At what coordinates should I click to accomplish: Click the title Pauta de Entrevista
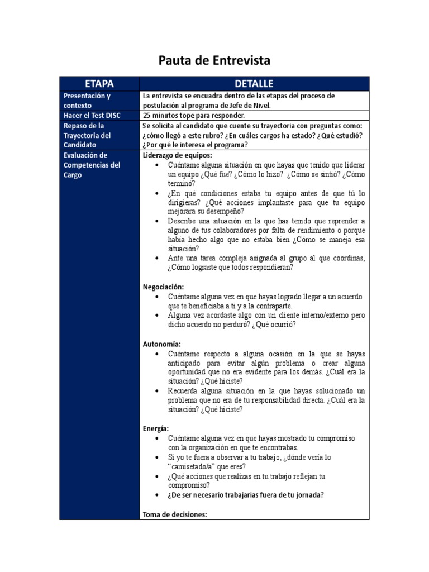[x=214, y=60]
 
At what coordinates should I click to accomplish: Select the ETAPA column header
[x=99, y=84]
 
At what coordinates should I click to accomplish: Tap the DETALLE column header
[x=254, y=84]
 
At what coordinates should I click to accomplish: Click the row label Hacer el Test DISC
[x=92, y=116]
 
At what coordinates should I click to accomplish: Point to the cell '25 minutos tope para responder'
[x=194, y=116]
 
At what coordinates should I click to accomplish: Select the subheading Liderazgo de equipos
[x=178, y=155]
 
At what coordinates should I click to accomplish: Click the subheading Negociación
[x=164, y=287]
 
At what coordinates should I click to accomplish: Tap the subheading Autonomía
[x=162, y=344]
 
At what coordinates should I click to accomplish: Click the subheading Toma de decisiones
[x=175, y=514]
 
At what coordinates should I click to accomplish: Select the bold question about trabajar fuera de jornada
[x=246, y=495]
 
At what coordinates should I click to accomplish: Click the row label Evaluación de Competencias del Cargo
[x=92, y=165]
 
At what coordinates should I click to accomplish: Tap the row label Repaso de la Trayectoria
[x=87, y=135]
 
